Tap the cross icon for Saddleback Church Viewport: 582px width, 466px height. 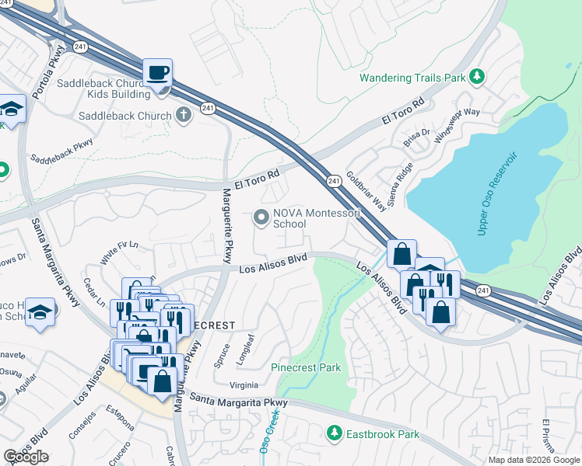point(184,116)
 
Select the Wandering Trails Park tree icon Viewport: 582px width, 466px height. point(476,77)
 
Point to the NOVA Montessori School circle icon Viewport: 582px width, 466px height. point(262,217)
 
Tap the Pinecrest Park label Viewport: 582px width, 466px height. point(306,367)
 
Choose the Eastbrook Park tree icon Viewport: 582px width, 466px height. point(335,433)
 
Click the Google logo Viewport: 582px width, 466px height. point(26,457)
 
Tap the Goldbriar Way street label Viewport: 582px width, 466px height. point(366,191)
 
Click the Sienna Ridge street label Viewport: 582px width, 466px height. point(403,178)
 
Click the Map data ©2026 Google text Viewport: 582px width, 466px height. point(534,460)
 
